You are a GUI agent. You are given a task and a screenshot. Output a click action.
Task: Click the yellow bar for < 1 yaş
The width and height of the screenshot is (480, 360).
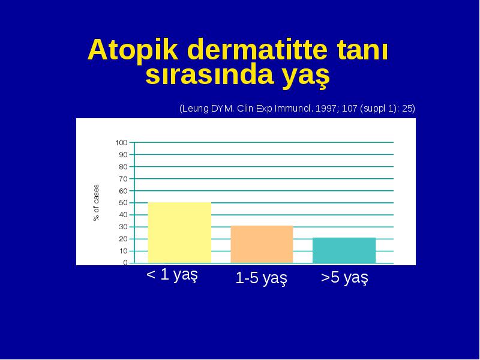(179, 232)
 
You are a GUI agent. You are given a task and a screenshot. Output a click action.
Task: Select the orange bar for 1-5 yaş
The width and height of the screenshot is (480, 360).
(262, 244)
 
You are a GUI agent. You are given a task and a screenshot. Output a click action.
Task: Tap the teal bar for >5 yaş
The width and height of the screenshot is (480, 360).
(344, 250)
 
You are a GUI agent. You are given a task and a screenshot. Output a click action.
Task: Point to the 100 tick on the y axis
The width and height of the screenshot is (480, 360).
(122, 143)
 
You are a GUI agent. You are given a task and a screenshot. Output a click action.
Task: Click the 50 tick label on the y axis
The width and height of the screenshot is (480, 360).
(123, 203)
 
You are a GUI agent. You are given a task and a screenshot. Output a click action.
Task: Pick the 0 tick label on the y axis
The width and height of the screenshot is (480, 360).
(125, 263)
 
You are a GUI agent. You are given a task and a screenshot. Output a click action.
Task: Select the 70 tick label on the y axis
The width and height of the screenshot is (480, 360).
(123, 179)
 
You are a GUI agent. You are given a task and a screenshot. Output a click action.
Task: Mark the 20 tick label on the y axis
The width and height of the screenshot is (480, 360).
(123, 239)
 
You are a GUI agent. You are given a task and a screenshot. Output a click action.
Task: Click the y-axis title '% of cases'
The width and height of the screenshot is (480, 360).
(96, 203)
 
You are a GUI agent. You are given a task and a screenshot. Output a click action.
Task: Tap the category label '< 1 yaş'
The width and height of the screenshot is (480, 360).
(172, 275)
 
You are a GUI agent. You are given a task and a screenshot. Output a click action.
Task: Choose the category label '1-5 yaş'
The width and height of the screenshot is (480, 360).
(262, 278)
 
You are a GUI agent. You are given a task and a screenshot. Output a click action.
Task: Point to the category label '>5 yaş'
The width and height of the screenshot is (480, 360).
(344, 278)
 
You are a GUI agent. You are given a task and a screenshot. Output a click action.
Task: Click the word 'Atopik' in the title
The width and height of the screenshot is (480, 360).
(133, 50)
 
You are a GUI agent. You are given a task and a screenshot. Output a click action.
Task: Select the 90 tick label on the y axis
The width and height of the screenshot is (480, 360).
(123, 155)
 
